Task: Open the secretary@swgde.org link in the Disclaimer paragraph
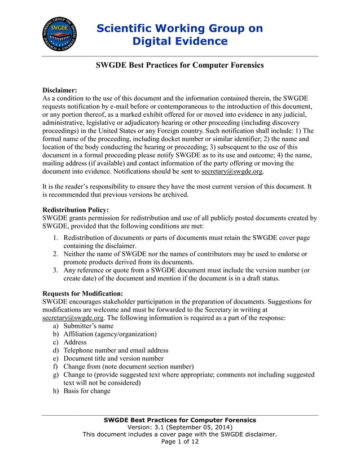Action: point(232,172)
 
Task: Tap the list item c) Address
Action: point(74,342)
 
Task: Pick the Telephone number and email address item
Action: point(116,350)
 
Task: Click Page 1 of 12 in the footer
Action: point(180,442)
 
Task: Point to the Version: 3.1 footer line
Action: point(180,427)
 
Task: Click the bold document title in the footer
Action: point(180,420)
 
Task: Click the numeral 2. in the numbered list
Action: point(56,254)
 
